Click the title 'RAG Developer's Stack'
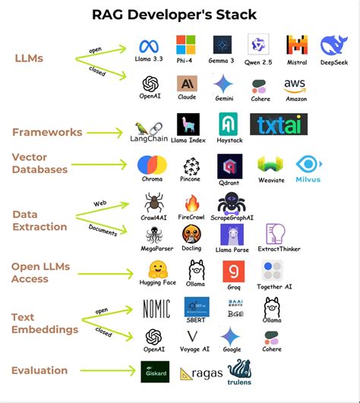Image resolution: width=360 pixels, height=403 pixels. (179, 14)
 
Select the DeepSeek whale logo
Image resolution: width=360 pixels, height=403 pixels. (335, 46)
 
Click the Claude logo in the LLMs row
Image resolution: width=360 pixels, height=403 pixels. (187, 83)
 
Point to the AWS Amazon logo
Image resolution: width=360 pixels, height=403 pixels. (295, 85)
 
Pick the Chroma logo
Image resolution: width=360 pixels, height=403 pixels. (152, 165)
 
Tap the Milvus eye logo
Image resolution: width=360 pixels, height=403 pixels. (308, 165)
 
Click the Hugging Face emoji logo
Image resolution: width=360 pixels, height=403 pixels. (157, 269)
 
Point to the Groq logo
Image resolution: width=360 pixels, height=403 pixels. (233, 271)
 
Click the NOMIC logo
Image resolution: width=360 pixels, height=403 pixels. (156, 307)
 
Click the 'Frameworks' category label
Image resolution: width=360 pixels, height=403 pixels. (47, 132)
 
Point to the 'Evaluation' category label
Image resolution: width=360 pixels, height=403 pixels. (39, 370)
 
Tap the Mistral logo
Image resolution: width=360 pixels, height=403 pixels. (297, 45)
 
